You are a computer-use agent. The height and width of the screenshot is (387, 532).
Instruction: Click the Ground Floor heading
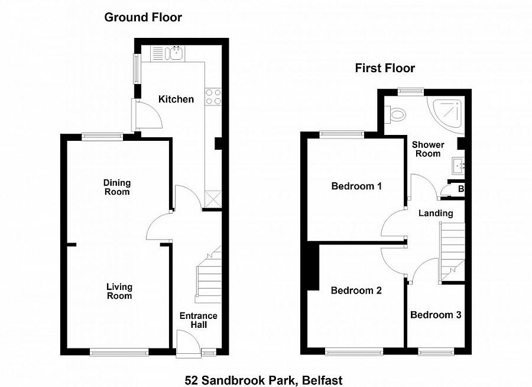point(143,17)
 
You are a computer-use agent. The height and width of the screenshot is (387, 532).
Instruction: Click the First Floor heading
point(385,68)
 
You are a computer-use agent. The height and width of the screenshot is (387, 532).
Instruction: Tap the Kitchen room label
point(176,99)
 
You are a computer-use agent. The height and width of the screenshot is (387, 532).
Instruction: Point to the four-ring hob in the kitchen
point(213,96)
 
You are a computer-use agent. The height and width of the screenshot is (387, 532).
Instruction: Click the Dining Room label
point(117,187)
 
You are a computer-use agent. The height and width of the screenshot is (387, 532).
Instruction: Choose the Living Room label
point(119,291)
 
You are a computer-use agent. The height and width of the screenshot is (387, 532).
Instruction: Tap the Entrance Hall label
point(198,320)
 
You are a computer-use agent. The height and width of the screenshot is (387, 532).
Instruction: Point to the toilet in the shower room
point(395,112)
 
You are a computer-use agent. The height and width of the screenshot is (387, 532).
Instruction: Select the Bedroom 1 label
point(356,186)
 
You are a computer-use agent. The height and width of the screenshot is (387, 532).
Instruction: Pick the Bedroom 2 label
point(356,291)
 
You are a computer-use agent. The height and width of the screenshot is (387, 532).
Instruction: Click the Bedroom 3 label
point(436,315)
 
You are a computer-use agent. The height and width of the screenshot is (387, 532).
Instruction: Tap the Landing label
point(436,213)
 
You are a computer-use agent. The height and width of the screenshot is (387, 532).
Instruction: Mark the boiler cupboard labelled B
point(460,189)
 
